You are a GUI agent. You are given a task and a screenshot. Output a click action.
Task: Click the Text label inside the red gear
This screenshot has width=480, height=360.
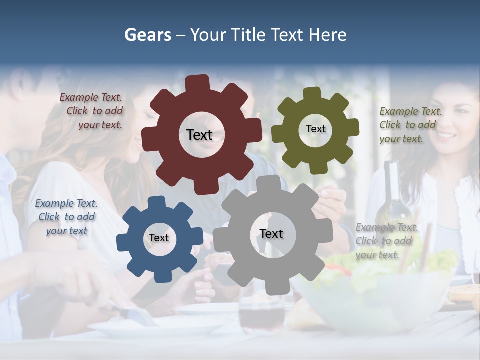click(199, 135)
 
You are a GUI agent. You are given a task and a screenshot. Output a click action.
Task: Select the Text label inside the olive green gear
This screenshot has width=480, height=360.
click(315, 129)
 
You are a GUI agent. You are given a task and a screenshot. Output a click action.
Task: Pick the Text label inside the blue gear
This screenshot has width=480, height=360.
click(158, 238)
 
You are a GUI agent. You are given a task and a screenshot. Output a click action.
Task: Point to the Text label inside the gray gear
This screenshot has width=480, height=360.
click(271, 233)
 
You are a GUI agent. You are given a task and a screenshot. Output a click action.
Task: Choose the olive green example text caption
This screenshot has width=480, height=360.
click(410, 125)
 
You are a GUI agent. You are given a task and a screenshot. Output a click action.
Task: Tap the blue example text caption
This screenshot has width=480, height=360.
click(66, 217)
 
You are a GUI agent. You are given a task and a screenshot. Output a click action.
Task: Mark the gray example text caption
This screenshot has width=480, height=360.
click(386, 241)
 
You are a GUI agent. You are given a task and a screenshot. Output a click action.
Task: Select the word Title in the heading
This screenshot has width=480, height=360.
click(249, 35)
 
